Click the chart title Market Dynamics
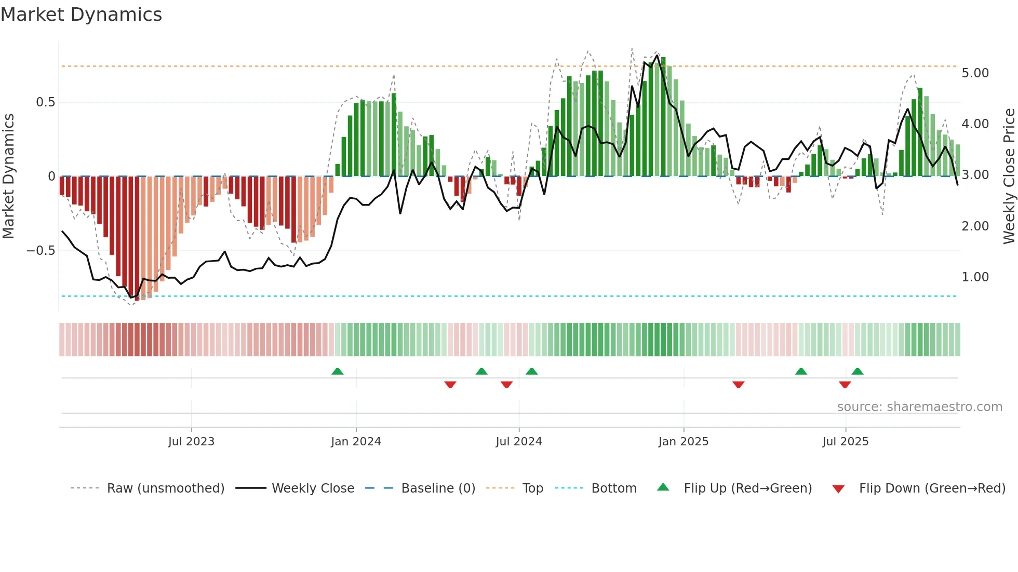(x=81, y=15)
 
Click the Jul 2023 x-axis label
(x=191, y=442)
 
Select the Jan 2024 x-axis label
(x=356, y=442)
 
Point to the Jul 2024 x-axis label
(x=519, y=442)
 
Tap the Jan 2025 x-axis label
(x=683, y=442)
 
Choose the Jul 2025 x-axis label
(x=845, y=442)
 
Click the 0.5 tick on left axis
(x=45, y=102)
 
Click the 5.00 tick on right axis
(x=975, y=73)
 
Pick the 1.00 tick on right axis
(x=975, y=277)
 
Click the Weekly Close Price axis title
(x=1009, y=176)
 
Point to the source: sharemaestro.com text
(x=919, y=407)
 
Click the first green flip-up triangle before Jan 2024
(x=338, y=371)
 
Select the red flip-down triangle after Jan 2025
(x=738, y=385)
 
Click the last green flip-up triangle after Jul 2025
(x=858, y=371)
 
